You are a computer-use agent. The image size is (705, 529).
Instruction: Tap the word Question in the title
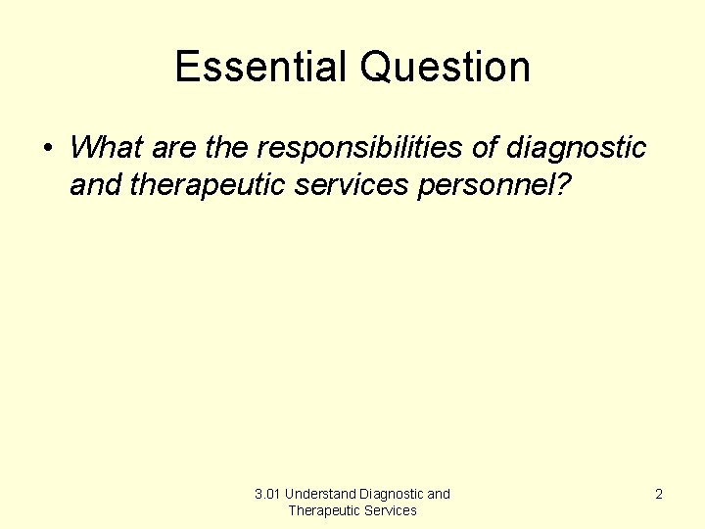pos(445,68)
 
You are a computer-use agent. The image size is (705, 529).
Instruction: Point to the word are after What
pos(173,148)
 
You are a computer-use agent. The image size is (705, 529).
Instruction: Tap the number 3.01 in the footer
pos(267,494)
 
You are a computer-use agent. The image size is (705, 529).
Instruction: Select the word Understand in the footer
pos(320,494)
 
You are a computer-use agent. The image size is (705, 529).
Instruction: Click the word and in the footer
pos(439,494)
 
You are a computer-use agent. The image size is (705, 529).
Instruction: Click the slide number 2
pos(659,494)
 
